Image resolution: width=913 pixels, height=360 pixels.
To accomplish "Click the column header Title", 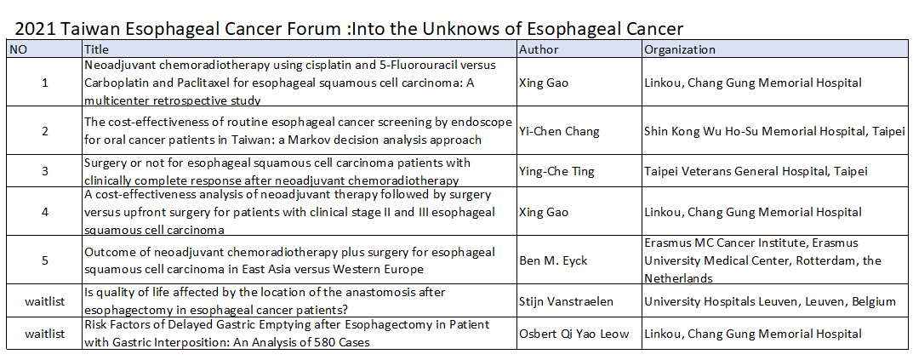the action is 97,49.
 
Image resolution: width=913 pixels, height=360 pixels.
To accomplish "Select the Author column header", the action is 539,49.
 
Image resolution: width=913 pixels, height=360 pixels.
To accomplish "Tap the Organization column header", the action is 680,49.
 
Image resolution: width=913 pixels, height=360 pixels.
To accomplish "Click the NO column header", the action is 18,49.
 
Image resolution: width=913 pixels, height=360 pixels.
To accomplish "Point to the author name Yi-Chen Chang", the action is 559,131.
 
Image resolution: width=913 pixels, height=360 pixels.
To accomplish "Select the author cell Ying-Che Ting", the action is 556,171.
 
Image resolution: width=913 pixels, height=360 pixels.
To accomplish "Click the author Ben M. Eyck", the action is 553,260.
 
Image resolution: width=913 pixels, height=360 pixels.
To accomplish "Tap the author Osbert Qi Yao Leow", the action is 573,334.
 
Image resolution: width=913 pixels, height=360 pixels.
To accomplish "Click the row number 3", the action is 45,171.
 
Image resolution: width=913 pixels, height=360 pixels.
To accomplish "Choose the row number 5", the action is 45,260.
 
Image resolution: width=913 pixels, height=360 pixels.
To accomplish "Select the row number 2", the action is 45,131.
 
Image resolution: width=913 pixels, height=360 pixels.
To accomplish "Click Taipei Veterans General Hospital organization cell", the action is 756,171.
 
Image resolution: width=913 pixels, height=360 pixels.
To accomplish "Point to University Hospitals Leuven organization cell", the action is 770,301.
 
